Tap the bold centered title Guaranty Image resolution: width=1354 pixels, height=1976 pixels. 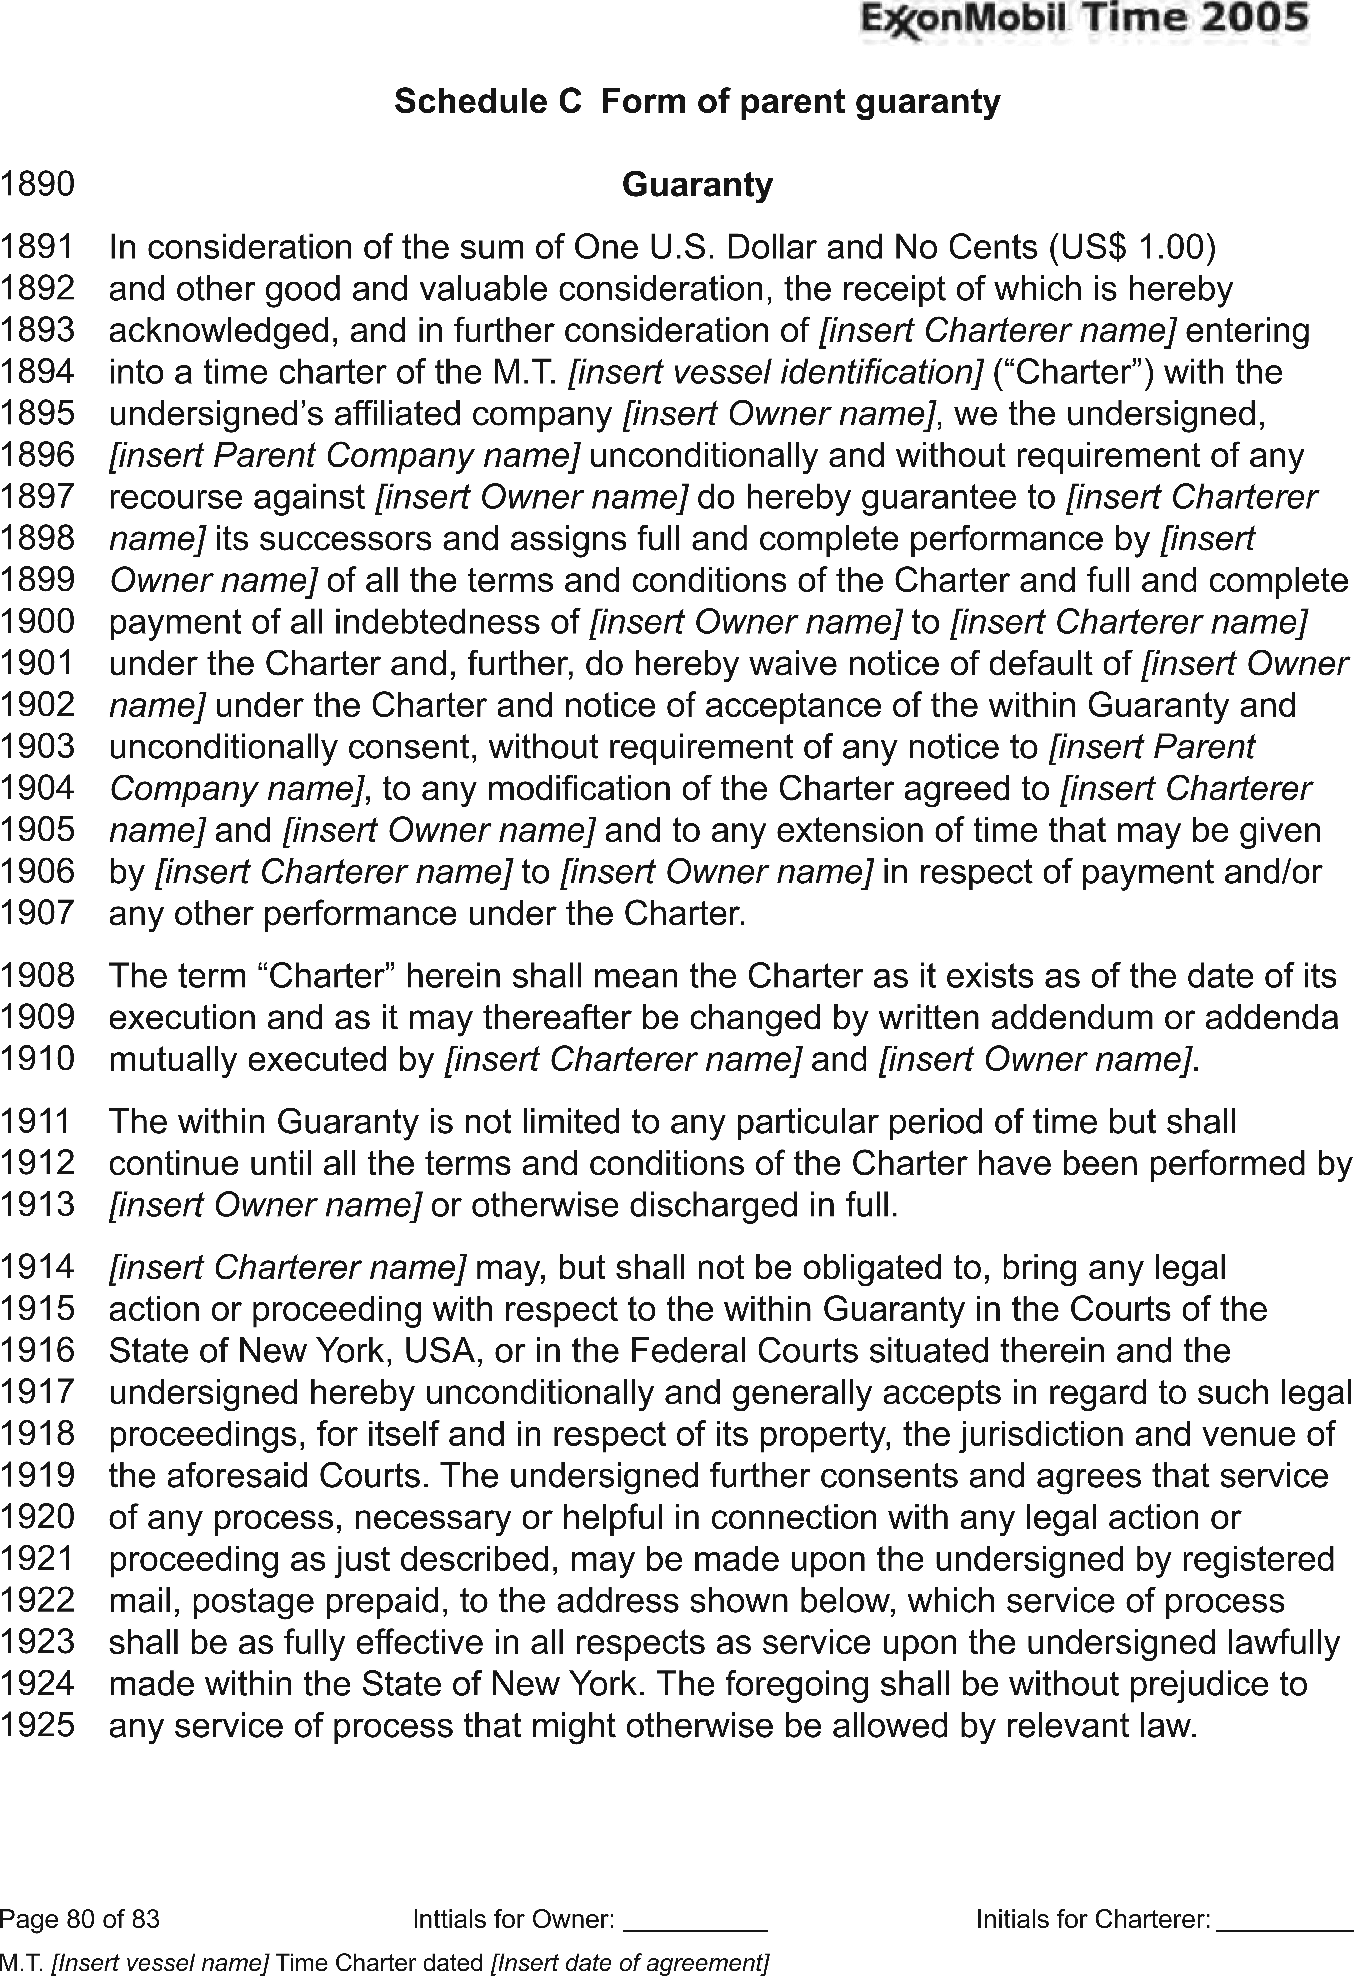point(697,185)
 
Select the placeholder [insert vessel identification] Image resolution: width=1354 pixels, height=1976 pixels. point(776,372)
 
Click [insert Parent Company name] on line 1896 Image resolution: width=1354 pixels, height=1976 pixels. point(344,456)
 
